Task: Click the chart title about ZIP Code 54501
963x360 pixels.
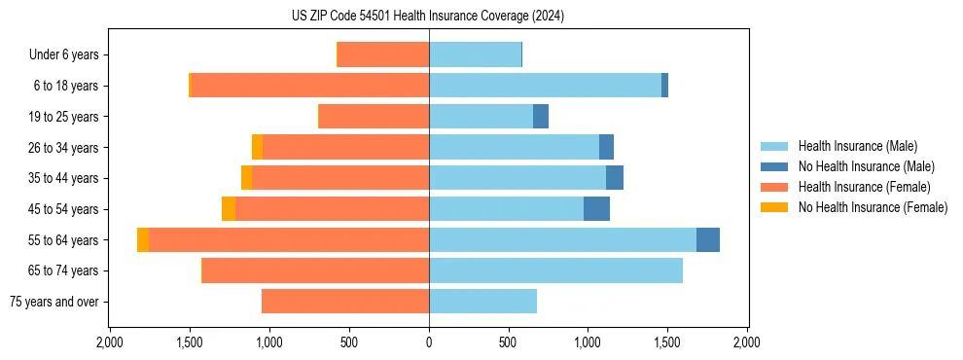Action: click(x=428, y=17)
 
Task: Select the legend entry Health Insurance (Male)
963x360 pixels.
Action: click(x=857, y=147)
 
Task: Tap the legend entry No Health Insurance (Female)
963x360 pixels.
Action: click(x=873, y=207)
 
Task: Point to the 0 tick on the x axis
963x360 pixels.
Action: click(x=429, y=342)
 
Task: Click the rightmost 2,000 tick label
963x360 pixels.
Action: click(x=747, y=342)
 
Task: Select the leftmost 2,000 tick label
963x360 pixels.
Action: click(x=110, y=342)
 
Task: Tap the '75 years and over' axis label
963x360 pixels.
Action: click(x=54, y=302)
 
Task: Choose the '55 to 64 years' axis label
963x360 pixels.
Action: click(x=63, y=240)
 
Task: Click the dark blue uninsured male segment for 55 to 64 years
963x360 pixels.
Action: click(x=708, y=239)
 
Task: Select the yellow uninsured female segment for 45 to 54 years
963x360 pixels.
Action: click(x=229, y=209)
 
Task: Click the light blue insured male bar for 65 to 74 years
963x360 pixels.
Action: click(x=555, y=270)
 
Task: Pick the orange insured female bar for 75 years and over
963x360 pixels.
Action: click(x=345, y=302)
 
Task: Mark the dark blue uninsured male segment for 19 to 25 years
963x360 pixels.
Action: click(x=541, y=117)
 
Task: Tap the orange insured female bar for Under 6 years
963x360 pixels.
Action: click(x=383, y=55)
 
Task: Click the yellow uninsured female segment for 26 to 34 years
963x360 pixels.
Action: click(x=257, y=147)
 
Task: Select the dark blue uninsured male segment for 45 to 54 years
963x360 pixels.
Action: click(x=596, y=209)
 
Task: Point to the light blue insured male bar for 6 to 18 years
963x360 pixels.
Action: click(x=545, y=86)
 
